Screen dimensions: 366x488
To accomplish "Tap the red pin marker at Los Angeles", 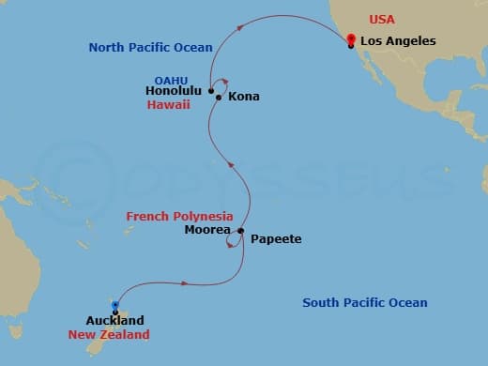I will (350, 39).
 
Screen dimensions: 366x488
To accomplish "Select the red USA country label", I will (381, 19).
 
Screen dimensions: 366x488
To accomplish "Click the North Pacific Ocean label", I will (151, 47).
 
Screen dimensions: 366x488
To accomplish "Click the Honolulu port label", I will (175, 91).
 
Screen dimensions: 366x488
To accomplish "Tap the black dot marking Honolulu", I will (211, 91).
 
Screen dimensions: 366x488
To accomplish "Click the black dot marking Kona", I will (219, 97).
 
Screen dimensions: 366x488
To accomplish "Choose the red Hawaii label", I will (169, 105).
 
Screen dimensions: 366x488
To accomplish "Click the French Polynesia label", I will (179, 216).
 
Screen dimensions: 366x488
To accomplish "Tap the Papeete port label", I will (276, 239).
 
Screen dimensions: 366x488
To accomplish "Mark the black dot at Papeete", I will (241, 231).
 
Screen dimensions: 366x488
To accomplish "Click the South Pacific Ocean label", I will (365, 302).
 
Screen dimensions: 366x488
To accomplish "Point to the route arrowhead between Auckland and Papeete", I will (189, 282).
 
